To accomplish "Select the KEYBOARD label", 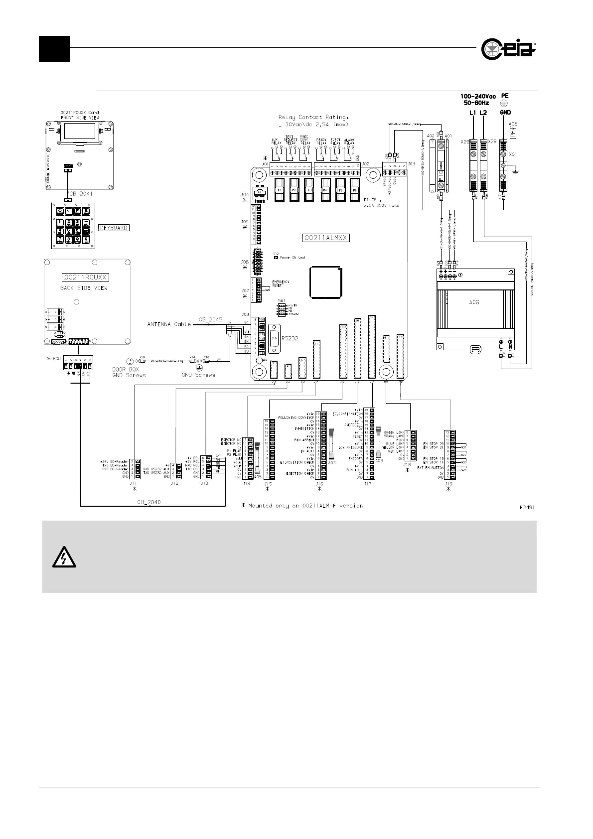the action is [114, 228].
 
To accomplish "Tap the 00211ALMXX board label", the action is [326, 238].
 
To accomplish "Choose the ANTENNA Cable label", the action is [169, 325].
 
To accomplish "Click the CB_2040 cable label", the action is [148, 502].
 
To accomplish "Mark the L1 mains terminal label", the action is [472, 113].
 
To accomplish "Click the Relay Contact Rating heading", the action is [312, 118].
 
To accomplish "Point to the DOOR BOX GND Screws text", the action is [129, 372].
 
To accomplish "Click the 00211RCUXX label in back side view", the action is [85, 278].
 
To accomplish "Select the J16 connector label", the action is [319, 484].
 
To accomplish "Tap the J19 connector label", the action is [448, 484].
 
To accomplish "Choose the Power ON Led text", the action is [292, 258].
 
